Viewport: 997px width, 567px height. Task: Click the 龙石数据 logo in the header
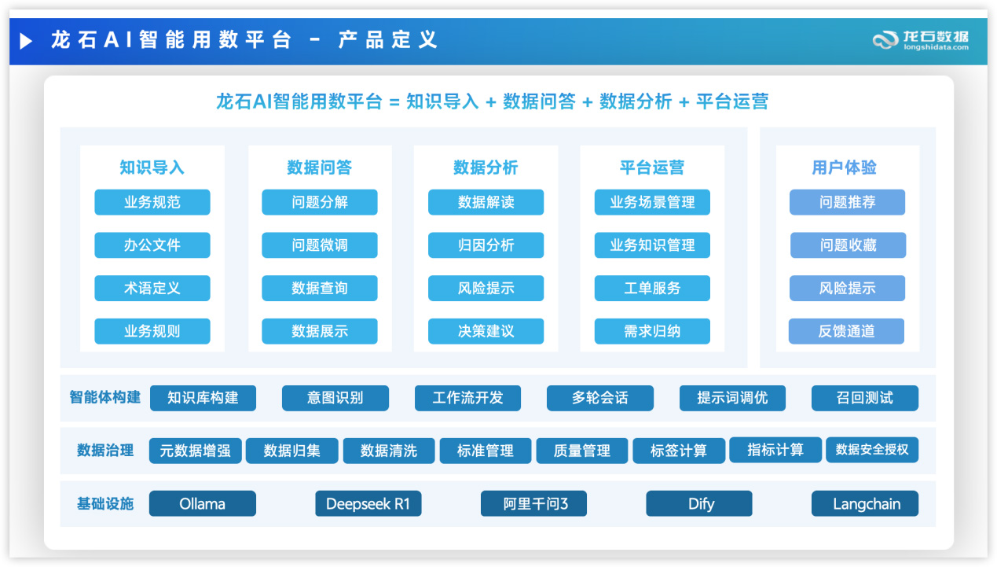[x=921, y=39]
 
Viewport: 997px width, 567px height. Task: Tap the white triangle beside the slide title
[x=27, y=41]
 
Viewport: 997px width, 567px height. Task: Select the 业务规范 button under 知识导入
[x=152, y=202]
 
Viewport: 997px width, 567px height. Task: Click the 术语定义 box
[x=152, y=288]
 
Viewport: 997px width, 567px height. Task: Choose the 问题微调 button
[x=319, y=245]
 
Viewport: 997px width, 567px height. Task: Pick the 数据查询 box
[x=319, y=288]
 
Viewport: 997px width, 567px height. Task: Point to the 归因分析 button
[x=486, y=245]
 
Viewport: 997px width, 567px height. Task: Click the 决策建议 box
[x=486, y=331]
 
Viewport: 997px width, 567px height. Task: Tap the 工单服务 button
[x=652, y=288]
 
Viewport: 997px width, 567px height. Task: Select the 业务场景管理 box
[x=652, y=202]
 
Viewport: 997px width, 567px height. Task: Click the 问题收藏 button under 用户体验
[x=848, y=245]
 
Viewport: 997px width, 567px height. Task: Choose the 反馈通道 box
[x=846, y=331]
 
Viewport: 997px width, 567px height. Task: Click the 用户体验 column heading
[x=844, y=168]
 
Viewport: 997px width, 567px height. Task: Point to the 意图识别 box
[x=335, y=398]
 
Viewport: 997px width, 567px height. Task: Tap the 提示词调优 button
[x=732, y=398]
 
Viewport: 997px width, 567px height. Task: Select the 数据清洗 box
[x=389, y=451]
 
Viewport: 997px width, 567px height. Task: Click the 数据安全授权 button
[x=872, y=450]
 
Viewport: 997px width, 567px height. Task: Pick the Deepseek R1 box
[x=368, y=503]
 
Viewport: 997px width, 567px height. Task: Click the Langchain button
[x=865, y=503]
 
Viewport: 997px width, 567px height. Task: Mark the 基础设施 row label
[x=104, y=503]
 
